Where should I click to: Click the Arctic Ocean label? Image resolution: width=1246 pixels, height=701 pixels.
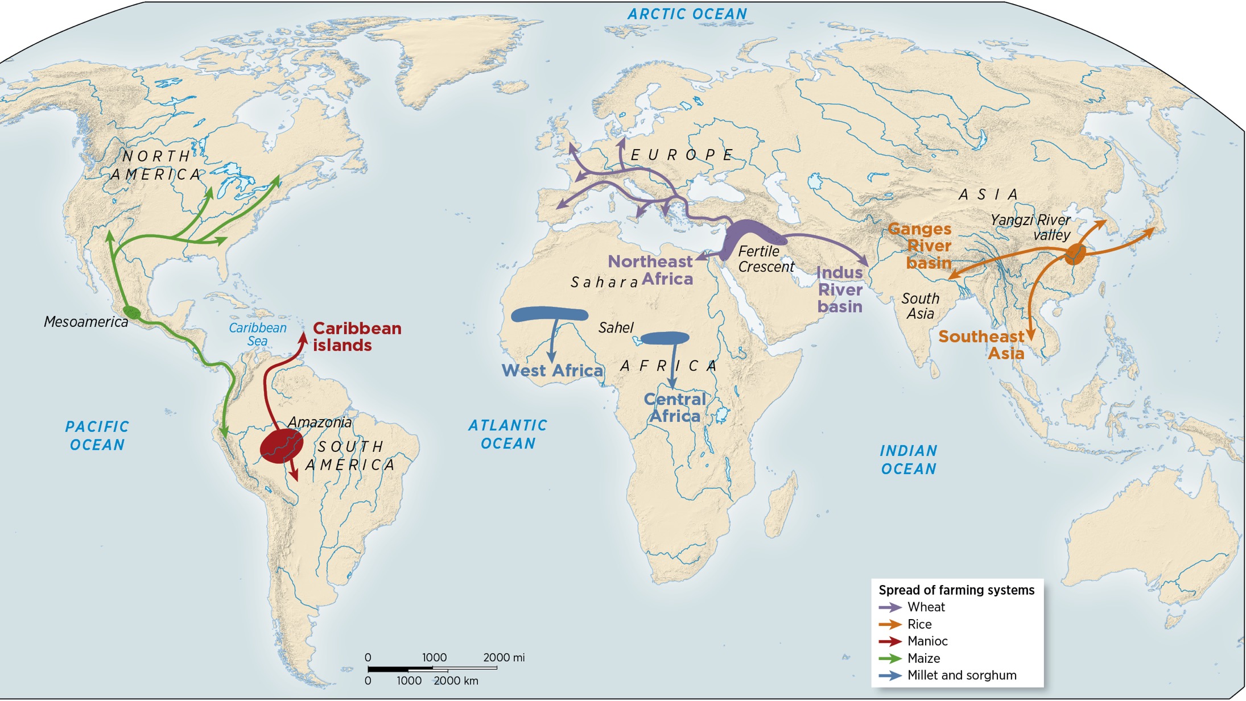(687, 14)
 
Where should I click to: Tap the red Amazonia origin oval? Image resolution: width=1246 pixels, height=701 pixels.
(281, 446)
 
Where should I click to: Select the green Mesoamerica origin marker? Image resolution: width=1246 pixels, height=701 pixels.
(132, 312)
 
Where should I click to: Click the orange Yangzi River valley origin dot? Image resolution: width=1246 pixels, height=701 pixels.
(1075, 254)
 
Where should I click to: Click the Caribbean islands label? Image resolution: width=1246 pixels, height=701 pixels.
(357, 337)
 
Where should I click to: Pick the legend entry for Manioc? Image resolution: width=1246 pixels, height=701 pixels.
(927, 641)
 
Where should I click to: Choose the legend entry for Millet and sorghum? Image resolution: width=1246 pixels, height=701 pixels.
(962, 675)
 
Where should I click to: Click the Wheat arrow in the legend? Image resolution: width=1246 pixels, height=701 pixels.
(890, 607)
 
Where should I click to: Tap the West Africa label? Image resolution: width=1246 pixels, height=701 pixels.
(552, 371)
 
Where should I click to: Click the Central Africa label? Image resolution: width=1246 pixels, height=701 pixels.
(675, 408)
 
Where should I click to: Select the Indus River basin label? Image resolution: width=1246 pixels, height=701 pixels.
(840, 289)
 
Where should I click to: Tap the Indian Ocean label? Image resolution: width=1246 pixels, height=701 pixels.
(908, 460)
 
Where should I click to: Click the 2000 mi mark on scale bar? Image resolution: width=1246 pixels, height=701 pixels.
(503, 658)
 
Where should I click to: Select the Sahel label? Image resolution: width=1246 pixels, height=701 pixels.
(616, 328)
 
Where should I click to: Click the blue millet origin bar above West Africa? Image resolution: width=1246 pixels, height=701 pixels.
(549, 314)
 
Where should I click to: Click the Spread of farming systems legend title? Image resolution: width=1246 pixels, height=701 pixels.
(956, 590)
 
